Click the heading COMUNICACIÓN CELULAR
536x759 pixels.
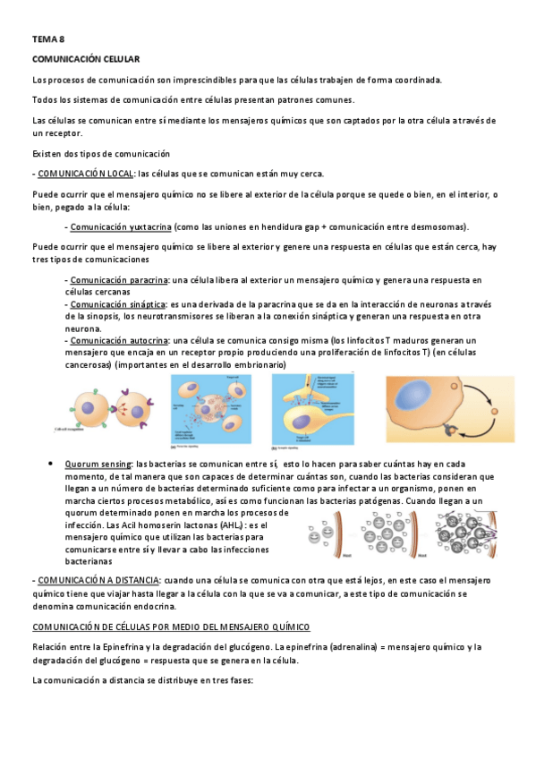point(85,58)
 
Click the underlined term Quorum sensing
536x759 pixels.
point(97,465)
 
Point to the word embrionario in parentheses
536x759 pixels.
point(251,364)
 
